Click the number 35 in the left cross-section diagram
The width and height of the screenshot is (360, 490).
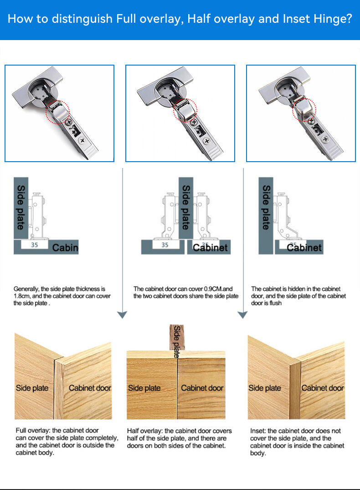[34, 245]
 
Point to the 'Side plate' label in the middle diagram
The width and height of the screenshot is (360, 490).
[186, 207]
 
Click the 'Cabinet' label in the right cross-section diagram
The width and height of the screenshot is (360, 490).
[304, 248]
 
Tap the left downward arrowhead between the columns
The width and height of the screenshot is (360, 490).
[122, 314]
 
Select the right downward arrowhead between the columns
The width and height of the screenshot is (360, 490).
[243, 314]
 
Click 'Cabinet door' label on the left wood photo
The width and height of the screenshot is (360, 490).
[90, 388]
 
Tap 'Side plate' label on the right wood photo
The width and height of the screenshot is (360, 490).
[265, 388]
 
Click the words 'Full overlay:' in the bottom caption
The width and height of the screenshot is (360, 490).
[33, 430]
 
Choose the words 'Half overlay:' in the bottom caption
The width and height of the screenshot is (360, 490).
[145, 431]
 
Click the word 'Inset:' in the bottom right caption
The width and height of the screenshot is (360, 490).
[258, 431]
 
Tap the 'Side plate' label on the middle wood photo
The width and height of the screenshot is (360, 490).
[144, 388]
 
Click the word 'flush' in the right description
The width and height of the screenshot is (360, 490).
[274, 303]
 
